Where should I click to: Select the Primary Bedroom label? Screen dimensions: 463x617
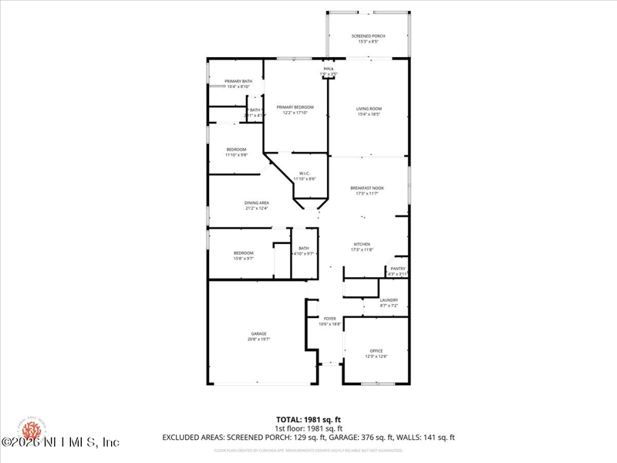(295, 110)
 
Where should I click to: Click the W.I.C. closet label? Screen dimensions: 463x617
(304, 176)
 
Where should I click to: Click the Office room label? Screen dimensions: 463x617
(376, 353)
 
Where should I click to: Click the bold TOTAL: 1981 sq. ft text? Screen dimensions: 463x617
(308, 419)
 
